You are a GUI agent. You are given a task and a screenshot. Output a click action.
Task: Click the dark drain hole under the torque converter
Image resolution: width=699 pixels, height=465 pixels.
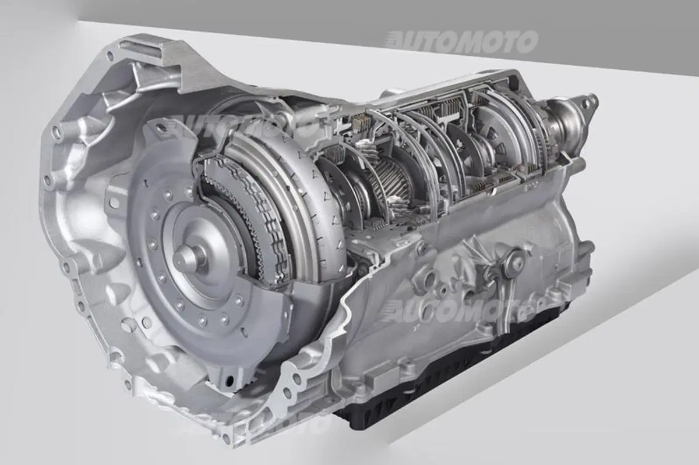[230, 380]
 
